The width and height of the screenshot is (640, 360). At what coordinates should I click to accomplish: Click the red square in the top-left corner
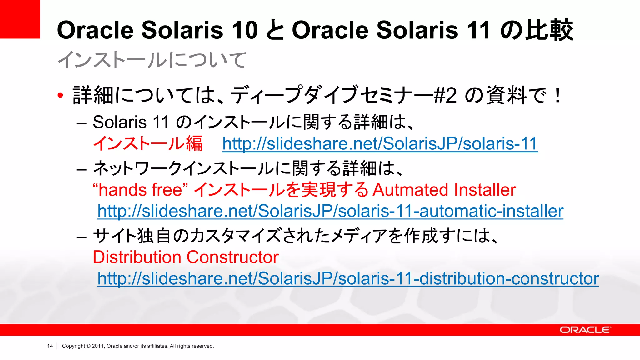20,19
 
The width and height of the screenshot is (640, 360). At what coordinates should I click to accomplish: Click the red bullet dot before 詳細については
61,95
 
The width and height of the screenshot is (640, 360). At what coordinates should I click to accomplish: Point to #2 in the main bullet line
445,95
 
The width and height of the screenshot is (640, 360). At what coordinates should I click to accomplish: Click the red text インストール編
148,144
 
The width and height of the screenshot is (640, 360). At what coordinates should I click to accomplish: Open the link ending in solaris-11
380,144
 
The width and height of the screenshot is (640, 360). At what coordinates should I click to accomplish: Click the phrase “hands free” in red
140,190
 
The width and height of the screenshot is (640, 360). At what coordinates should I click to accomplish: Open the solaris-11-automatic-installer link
330,211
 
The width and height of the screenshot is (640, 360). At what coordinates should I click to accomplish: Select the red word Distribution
137,257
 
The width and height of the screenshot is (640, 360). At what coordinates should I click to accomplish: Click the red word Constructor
232,257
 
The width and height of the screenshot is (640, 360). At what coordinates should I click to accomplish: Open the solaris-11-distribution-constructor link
348,278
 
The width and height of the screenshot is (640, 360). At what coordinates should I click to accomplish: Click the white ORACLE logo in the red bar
585,330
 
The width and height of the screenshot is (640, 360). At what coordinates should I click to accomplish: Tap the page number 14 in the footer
50,346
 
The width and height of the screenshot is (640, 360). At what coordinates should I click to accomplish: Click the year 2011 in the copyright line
97,346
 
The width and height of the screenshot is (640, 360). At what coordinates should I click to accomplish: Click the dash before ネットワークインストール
81,170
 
